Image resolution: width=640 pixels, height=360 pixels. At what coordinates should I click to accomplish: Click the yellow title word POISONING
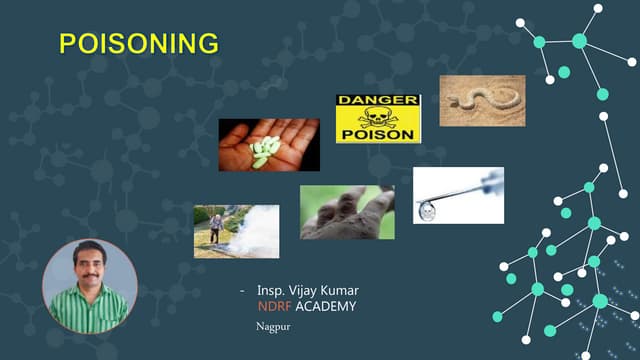(138, 43)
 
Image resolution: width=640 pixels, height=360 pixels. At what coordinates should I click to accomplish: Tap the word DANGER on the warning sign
(378, 101)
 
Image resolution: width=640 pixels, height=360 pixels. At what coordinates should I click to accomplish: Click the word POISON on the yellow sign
(378, 134)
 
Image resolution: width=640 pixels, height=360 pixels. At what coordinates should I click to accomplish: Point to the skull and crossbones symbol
(378, 117)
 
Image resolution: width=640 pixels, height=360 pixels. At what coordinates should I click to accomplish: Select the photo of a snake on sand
(482, 100)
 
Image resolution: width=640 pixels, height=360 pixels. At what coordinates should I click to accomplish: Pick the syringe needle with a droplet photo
(458, 195)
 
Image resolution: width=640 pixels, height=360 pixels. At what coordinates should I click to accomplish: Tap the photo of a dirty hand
(347, 212)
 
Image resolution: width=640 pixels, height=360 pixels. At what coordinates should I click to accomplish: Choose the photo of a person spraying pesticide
(236, 231)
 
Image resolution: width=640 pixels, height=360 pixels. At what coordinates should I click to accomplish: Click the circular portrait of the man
(90, 286)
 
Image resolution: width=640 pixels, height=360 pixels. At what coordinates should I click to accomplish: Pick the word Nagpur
(272, 326)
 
